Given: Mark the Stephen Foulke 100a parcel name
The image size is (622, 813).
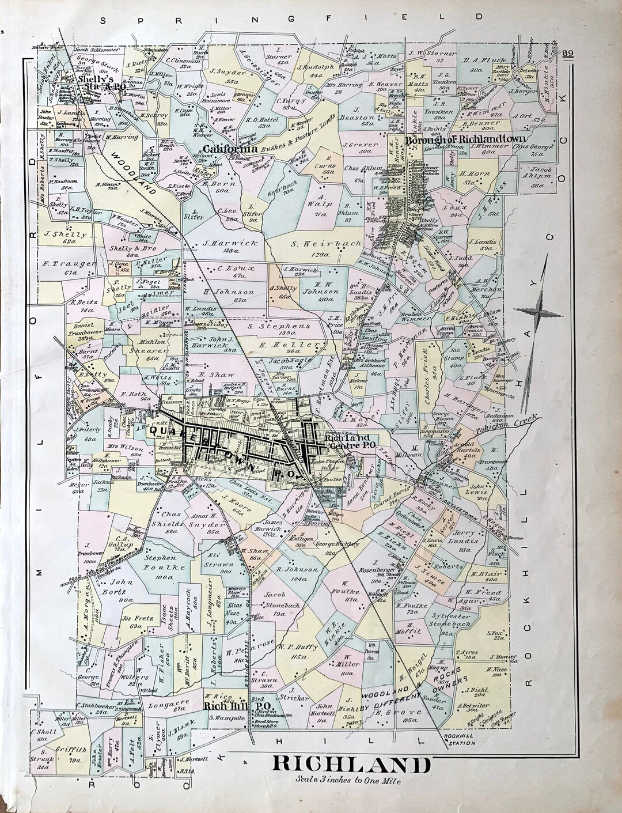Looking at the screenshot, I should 160,562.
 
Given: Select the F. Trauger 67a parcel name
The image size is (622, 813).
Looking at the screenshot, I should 63,267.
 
